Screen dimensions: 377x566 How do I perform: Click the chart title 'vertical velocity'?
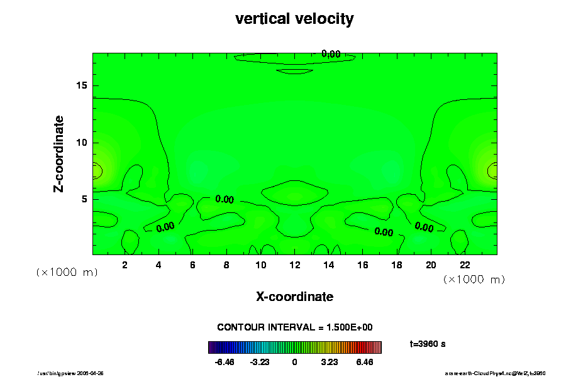tap(294, 19)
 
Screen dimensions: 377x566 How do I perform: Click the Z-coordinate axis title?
tap(59, 153)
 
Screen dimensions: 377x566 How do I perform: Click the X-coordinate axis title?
tap(294, 297)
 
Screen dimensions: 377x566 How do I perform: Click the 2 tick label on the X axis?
tap(125, 265)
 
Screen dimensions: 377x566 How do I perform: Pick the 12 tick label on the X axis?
tap(294, 265)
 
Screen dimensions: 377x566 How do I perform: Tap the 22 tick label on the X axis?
tap(465, 265)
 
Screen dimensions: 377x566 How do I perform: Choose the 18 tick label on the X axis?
tap(396, 265)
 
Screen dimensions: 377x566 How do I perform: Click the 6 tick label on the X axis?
tap(192, 265)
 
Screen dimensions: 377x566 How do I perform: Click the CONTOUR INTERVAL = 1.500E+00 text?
tap(295, 327)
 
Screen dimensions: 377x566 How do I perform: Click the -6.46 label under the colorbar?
tap(225, 363)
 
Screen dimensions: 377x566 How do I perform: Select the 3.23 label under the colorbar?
tap(329, 363)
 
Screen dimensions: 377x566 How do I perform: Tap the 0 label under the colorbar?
tap(294, 363)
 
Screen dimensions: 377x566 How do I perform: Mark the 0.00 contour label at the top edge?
tap(331, 54)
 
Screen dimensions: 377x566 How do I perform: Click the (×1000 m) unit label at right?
tap(474, 278)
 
